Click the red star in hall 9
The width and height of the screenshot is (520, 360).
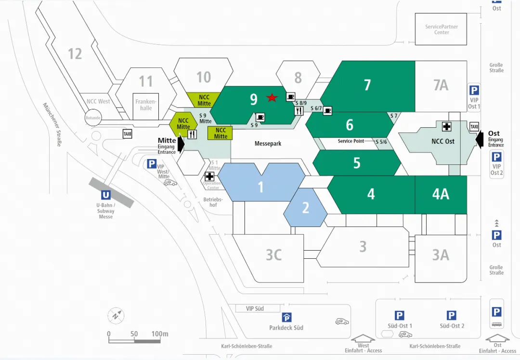tap(272, 98)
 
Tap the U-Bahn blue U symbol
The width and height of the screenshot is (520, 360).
tap(105, 196)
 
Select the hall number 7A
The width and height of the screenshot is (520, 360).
tap(441, 85)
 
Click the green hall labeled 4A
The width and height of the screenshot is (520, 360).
tap(441, 194)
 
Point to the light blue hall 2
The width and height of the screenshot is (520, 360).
tap(305, 207)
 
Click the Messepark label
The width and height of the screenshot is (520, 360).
tap(268, 144)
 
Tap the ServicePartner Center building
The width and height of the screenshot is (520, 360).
tap(442, 29)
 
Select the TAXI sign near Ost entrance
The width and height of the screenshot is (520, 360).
tap(474, 127)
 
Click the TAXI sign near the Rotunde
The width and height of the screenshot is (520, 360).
tap(128, 134)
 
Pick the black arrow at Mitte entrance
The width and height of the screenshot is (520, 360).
tap(181, 143)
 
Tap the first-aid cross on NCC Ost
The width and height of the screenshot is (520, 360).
tap(447, 126)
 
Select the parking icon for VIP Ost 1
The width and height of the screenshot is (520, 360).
tap(474, 91)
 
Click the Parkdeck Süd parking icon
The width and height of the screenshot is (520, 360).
tap(287, 317)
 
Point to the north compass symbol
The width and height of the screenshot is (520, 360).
tap(115, 316)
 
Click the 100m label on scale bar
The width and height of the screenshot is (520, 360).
tap(159, 334)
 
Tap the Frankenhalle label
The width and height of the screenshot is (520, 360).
tap(146, 105)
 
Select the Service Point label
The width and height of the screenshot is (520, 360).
tap(351, 141)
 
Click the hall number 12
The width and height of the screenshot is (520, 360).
tap(75, 53)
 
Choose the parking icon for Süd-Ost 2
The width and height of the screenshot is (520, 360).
tap(451, 316)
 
